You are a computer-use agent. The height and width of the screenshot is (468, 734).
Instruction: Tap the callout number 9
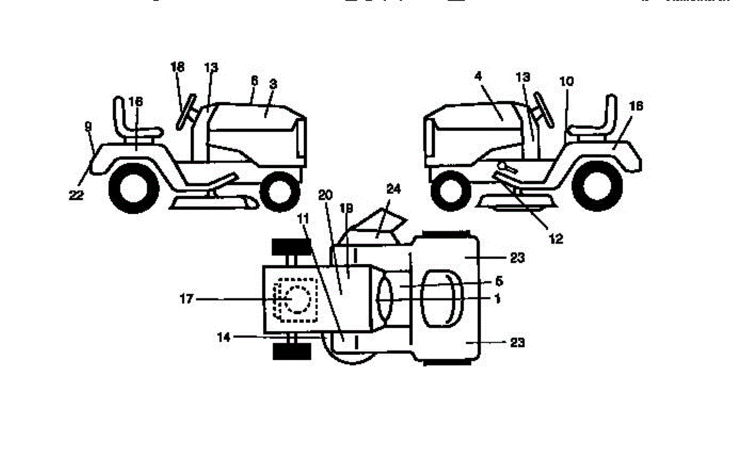[x=88, y=126]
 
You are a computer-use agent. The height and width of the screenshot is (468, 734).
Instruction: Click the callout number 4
[x=478, y=77]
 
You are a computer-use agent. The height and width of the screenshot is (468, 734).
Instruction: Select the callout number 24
[x=393, y=190]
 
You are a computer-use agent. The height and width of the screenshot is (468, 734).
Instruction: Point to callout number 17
[x=187, y=299]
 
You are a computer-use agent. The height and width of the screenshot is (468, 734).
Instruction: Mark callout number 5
[x=499, y=282]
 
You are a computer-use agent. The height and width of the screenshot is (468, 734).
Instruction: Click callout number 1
[x=497, y=299]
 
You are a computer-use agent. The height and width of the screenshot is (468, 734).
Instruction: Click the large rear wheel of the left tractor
[x=132, y=189]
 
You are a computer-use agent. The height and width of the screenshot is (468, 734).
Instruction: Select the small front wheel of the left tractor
[x=279, y=190]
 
